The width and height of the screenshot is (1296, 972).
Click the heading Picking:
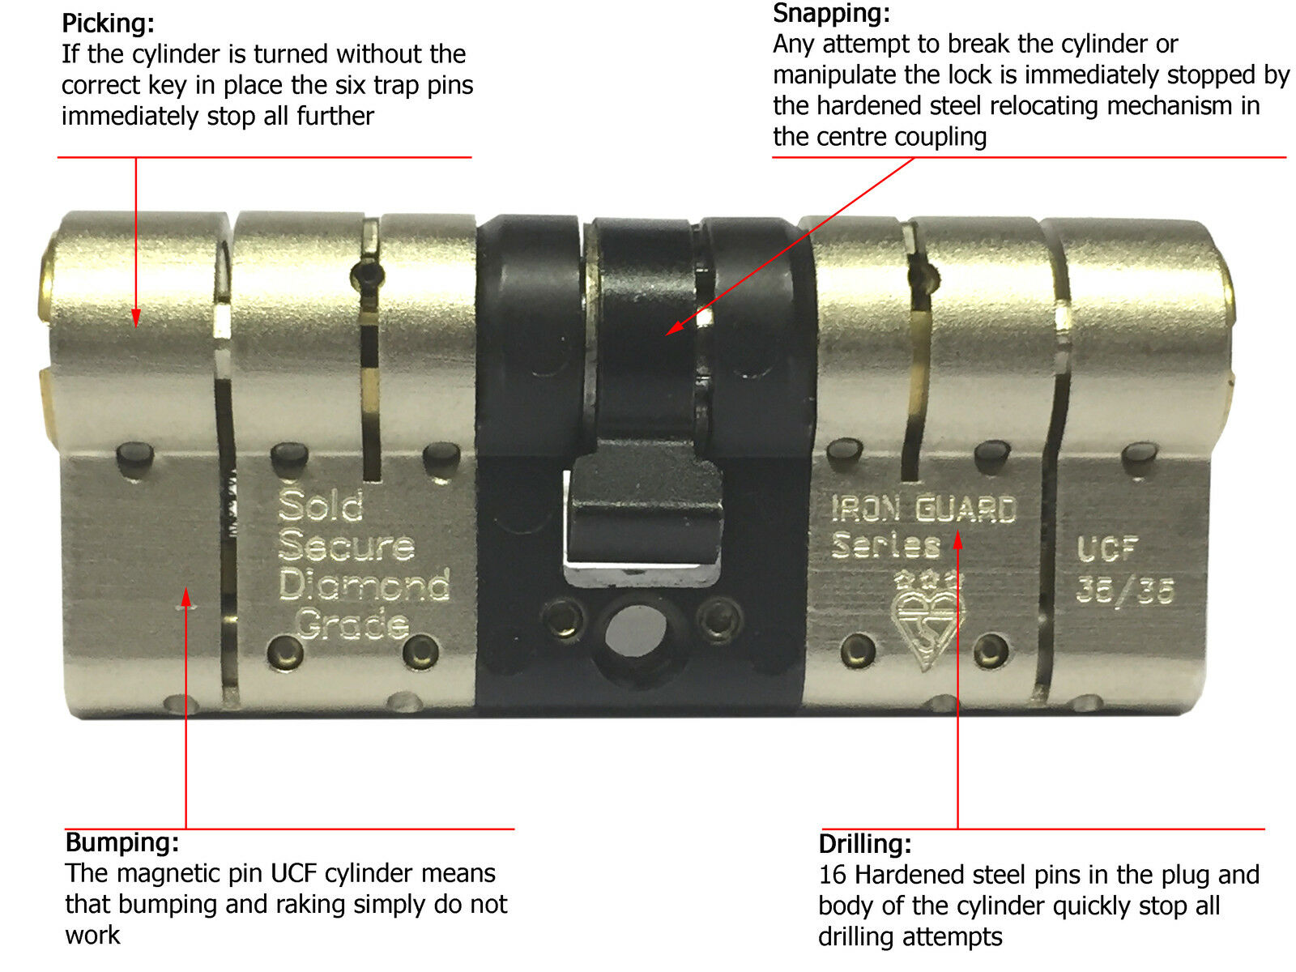[x=108, y=23]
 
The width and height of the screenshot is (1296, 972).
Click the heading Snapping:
[x=831, y=13]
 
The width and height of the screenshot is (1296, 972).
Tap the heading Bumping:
[x=122, y=842]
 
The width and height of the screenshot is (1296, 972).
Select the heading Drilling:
[x=865, y=844]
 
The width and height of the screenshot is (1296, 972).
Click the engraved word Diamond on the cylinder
[x=364, y=585]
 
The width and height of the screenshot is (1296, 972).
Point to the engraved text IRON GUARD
[x=923, y=509]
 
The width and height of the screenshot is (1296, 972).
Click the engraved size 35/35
[x=1124, y=591]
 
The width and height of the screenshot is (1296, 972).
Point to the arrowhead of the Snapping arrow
[x=671, y=330]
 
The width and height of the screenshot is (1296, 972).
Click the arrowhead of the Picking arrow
[x=136, y=321]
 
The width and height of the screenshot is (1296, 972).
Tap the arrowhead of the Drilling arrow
[x=957, y=538]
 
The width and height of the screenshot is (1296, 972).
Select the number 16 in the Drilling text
[x=832, y=875]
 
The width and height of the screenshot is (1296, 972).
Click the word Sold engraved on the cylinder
[x=321, y=506]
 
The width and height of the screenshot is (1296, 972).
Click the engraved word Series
[x=885, y=545]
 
